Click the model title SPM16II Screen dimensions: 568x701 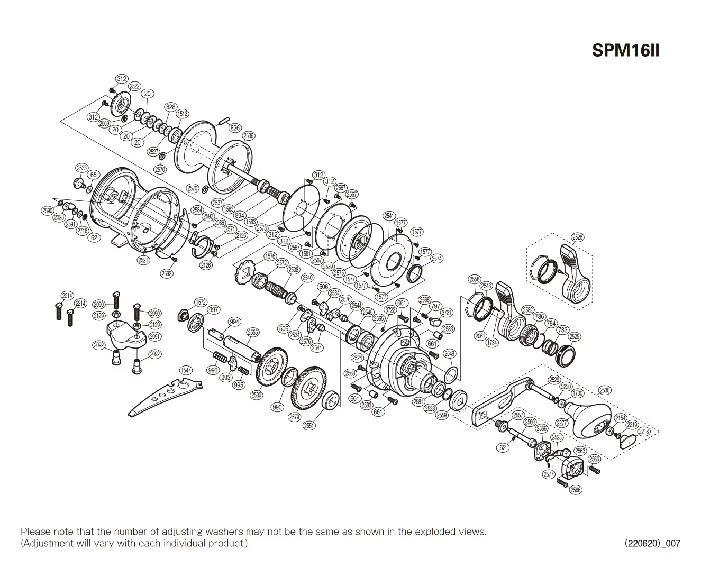click(x=625, y=50)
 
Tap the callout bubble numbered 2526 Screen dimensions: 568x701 click(x=577, y=237)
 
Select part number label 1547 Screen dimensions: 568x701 click(x=186, y=370)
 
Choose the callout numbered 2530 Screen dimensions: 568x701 click(x=604, y=390)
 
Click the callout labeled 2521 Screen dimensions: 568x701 click(x=143, y=260)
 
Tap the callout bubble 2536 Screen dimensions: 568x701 click(x=248, y=135)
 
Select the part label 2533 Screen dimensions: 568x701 click(x=81, y=168)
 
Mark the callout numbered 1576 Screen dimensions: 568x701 click(x=270, y=256)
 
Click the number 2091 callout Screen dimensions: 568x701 click(x=155, y=336)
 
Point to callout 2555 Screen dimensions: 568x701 click(x=253, y=332)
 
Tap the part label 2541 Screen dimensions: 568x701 click(x=389, y=215)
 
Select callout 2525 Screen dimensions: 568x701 click(x=574, y=336)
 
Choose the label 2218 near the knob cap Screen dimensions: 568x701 click(x=643, y=432)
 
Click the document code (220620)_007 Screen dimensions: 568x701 click(x=652, y=543)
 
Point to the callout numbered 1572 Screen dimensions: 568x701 click(x=201, y=302)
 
